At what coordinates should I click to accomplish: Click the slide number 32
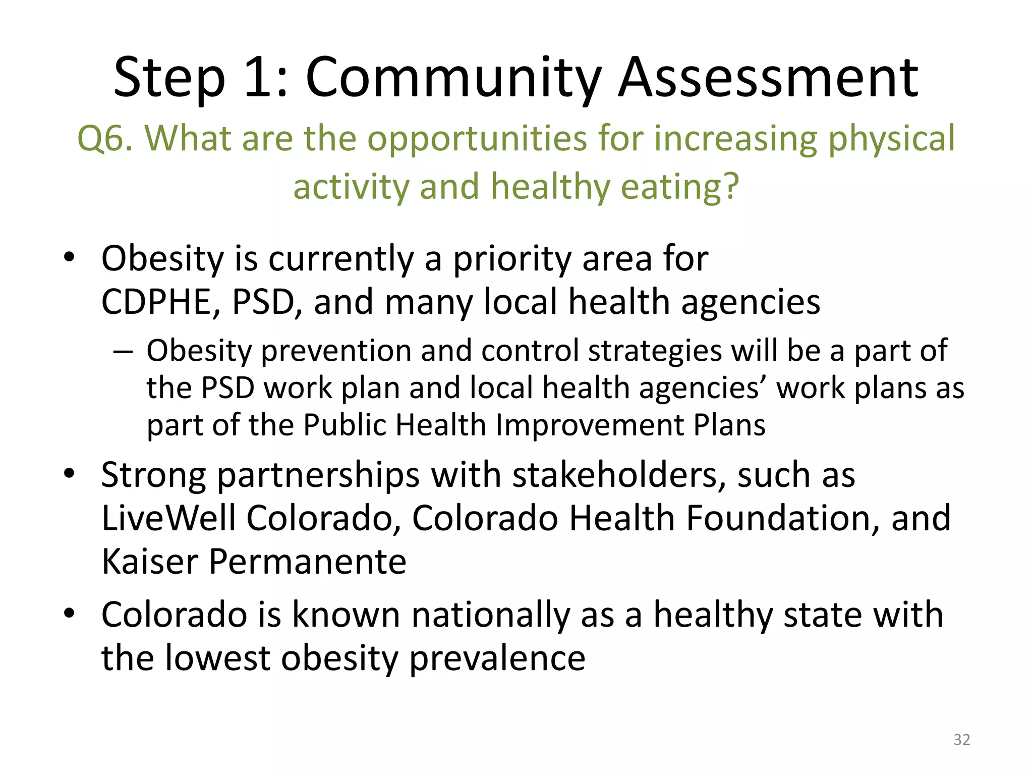coord(961,740)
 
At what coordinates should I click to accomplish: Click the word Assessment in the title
coord(768,78)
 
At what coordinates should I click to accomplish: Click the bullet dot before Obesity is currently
coord(70,258)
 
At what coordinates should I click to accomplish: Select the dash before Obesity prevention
coord(123,351)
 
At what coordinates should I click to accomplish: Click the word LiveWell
coord(168,519)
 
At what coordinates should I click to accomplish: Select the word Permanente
coord(308,562)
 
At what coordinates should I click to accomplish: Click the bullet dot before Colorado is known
coord(70,614)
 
